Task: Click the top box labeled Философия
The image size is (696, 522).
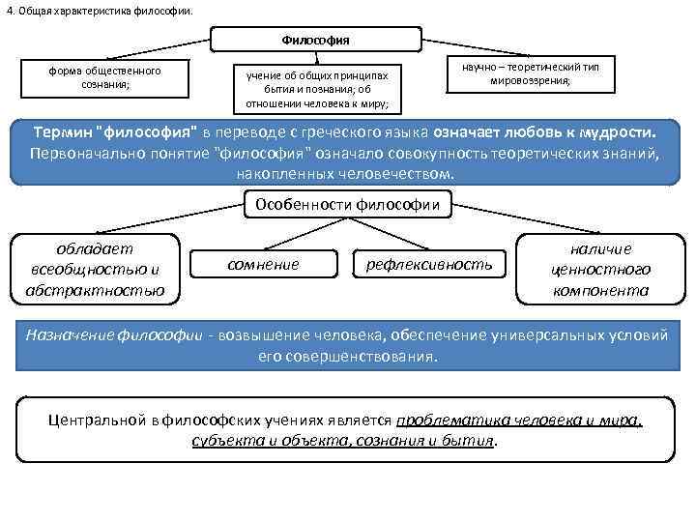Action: (316, 40)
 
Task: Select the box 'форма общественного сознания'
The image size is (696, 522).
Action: (105, 77)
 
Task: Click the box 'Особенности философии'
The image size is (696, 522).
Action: (347, 204)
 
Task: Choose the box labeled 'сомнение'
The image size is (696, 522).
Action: (262, 264)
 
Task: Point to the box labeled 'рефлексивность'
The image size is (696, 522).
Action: (428, 264)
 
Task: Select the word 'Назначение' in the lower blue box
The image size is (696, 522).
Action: (70, 334)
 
